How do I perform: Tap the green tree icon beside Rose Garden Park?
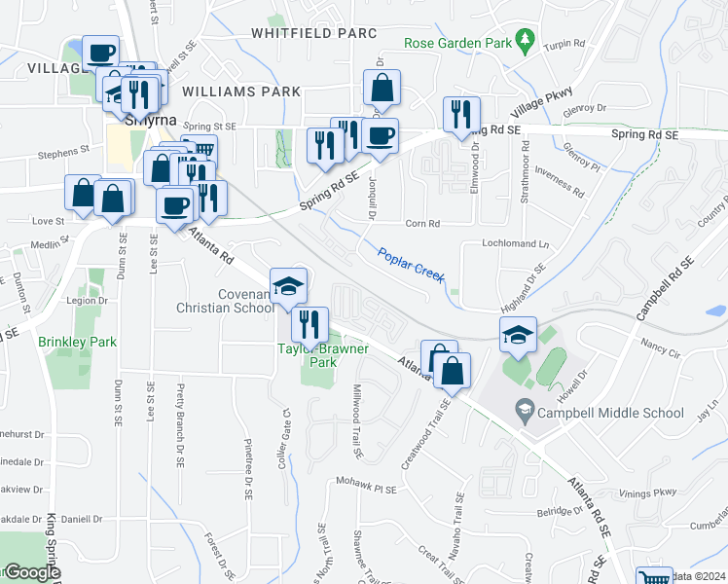526,38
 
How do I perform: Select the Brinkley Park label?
77,342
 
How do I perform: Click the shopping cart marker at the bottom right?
654,577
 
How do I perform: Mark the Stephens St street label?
63,153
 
